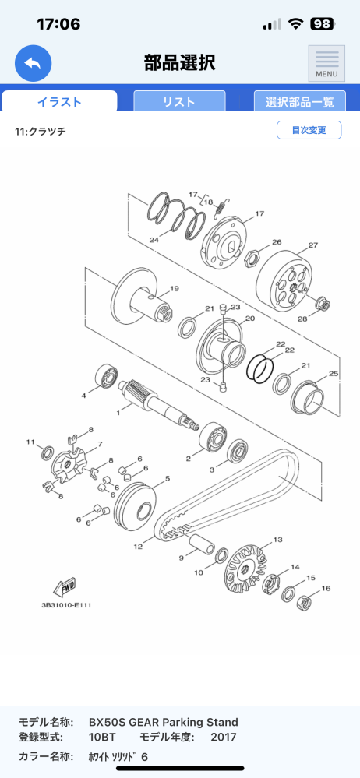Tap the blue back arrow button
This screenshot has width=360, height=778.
(x=34, y=63)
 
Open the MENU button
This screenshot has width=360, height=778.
(x=326, y=63)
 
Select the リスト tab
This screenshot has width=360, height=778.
(x=179, y=102)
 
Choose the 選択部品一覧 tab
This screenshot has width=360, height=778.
(x=299, y=102)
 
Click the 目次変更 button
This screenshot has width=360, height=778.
(x=309, y=130)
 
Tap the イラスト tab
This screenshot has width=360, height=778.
(x=59, y=102)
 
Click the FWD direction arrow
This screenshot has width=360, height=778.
(x=65, y=587)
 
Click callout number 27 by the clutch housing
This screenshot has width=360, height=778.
(x=312, y=245)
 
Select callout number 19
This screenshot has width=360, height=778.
(x=175, y=289)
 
